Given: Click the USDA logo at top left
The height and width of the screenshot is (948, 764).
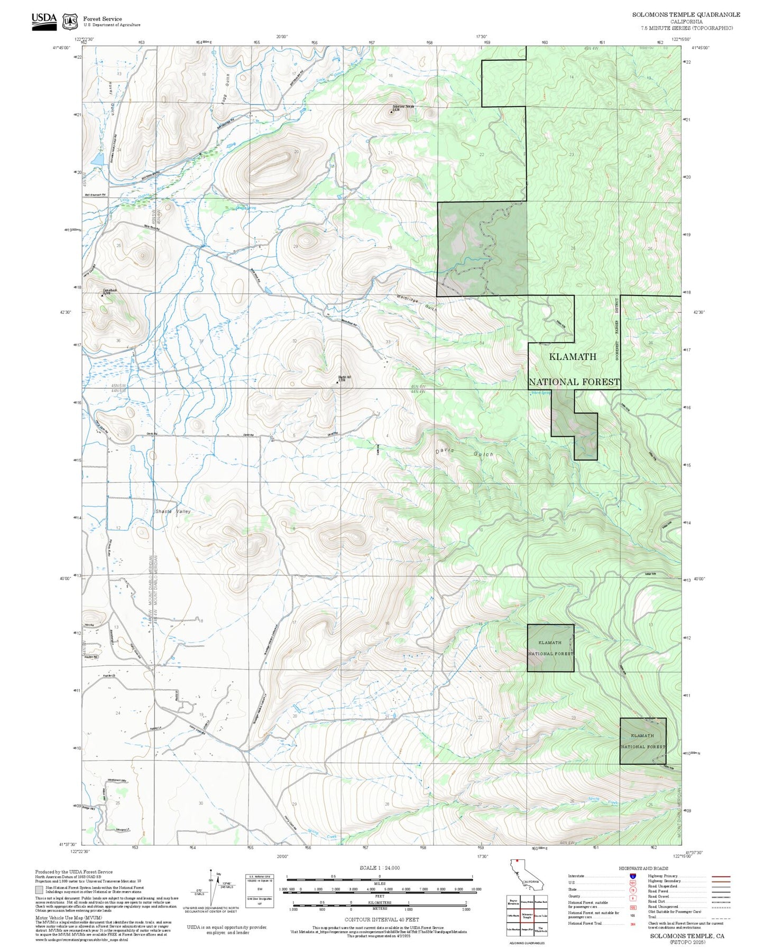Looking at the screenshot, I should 44,21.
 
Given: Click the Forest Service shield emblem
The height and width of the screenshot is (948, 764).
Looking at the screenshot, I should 70,22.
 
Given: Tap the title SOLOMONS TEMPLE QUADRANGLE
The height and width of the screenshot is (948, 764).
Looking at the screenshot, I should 686,15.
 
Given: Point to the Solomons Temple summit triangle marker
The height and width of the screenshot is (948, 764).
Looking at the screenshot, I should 391,111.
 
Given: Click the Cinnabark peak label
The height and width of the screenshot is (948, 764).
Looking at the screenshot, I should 109,291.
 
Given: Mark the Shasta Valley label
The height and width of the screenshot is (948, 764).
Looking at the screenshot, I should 173,512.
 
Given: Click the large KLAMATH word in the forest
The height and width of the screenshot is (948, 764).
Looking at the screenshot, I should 572,357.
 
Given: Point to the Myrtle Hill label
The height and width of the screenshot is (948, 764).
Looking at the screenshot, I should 344,377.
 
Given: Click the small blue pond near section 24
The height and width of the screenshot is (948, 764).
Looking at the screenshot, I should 97,159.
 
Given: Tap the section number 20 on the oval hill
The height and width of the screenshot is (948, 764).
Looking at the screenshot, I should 297,152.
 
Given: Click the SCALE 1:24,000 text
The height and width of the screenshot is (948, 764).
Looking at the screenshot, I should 379,868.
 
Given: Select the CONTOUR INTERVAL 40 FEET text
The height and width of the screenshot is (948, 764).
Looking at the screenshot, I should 381,920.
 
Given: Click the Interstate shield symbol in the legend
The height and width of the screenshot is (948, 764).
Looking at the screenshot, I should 632,876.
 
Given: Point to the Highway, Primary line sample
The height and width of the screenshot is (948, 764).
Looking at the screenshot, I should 721,876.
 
